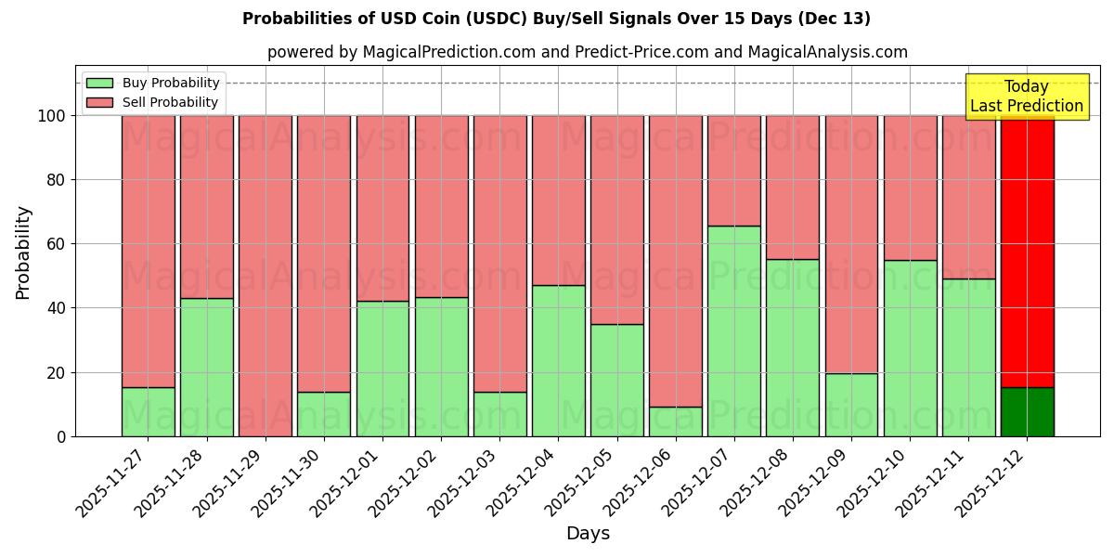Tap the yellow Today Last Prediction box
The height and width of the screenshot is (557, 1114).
[x=1026, y=97]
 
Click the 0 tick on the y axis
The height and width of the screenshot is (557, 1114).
[x=61, y=436]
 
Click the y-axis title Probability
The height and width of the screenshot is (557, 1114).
[x=23, y=253]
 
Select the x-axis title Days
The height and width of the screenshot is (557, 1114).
[x=588, y=534]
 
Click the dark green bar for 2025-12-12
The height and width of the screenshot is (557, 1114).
[x=1027, y=412]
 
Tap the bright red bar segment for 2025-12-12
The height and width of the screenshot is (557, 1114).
[x=1027, y=251]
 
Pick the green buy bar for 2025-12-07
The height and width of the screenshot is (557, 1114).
[x=733, y=331]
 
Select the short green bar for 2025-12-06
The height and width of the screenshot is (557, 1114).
[x=675, y=421]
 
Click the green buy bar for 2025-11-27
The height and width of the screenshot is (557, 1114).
[x=148, y=412]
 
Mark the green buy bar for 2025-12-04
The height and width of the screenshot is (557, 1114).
[x=558, y=361]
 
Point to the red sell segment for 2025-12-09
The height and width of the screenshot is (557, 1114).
[x=851, y=244]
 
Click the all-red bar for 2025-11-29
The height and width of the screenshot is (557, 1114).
[x=266, y=276]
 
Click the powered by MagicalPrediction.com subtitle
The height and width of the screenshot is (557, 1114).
[x=587, y=52]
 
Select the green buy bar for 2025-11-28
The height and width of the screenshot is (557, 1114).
[x=206, y=368]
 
